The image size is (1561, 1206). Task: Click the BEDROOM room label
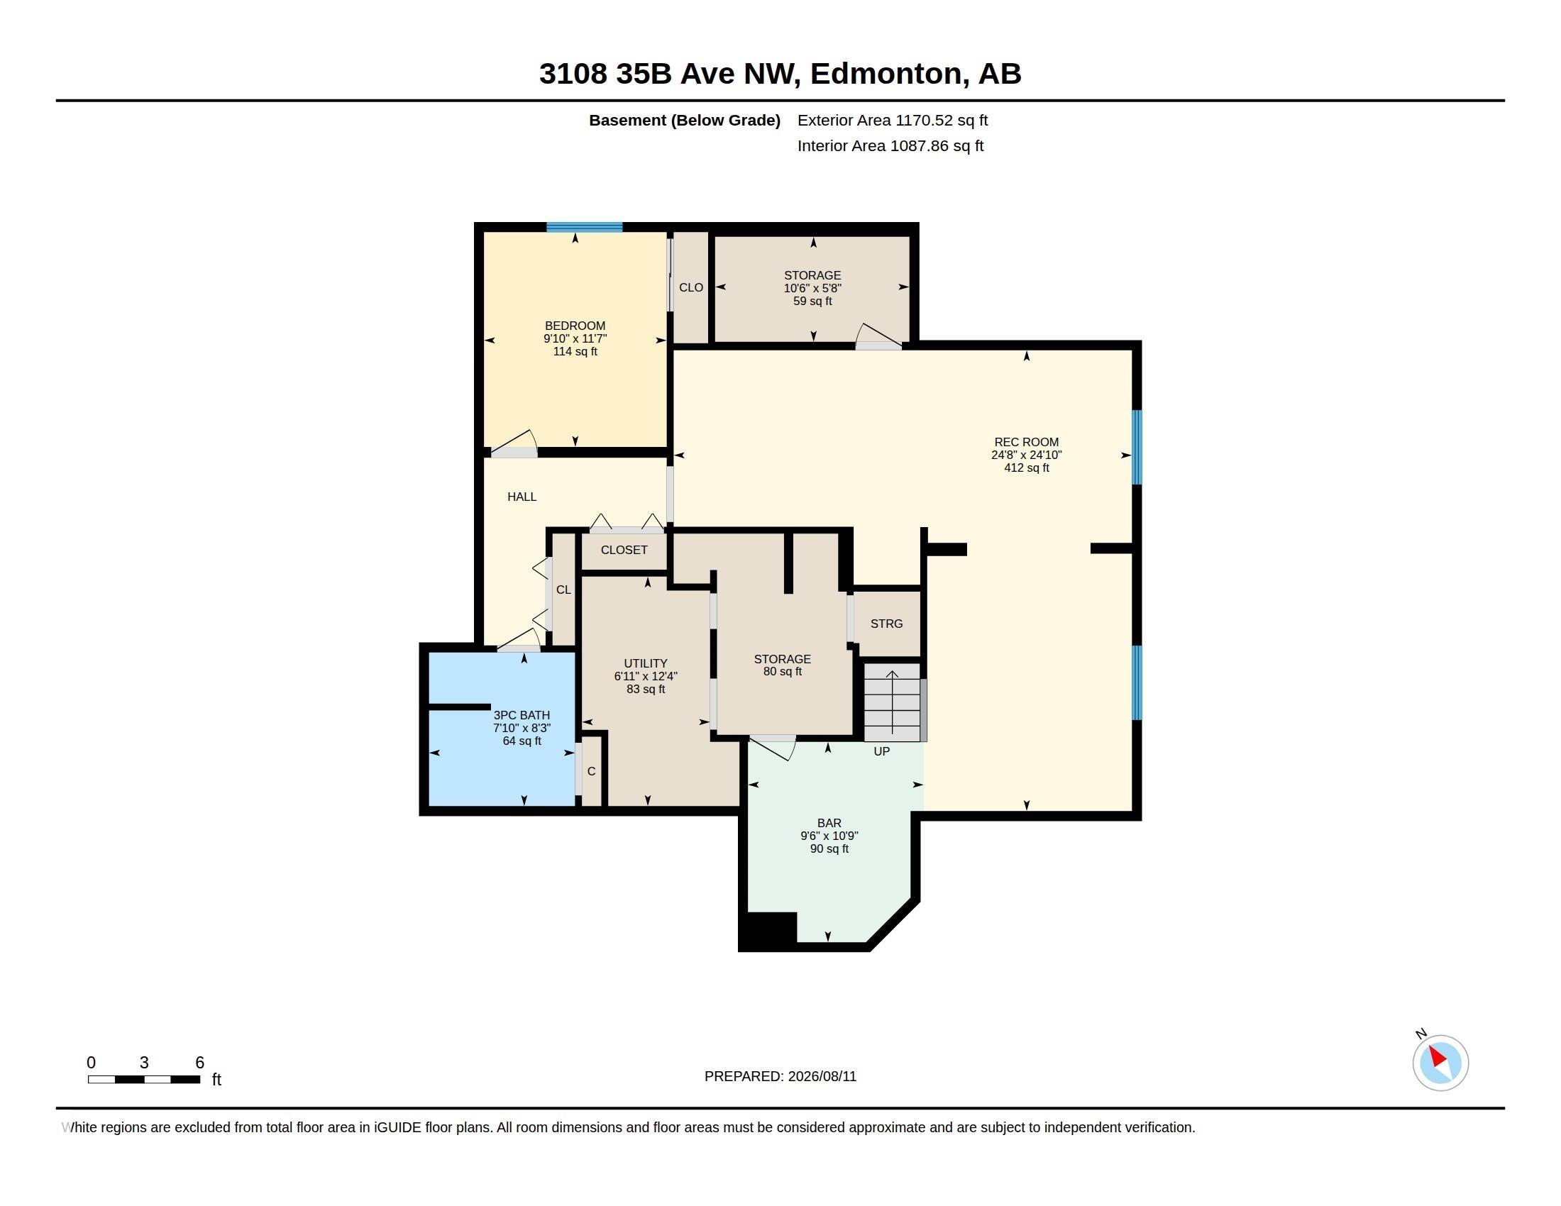575,326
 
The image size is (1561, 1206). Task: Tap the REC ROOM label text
1027,442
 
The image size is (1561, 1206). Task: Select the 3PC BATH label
522,715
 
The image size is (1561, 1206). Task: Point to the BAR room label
829,823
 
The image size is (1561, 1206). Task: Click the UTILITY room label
646,663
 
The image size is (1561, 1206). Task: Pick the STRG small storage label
886,624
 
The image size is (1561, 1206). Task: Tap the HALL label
522,497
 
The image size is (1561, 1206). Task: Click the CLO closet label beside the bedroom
691,287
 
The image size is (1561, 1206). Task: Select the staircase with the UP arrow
893,702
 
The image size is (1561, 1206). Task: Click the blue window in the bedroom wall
585,227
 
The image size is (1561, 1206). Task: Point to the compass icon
1440,1063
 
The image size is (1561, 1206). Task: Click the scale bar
143,1079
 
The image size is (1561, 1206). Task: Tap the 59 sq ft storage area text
812,301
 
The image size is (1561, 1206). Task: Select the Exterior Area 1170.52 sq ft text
893,121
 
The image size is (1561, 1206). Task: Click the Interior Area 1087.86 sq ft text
890,145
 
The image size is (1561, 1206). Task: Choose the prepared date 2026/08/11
822,1076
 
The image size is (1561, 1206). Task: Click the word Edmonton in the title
886,74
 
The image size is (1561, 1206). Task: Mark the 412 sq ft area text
1027,468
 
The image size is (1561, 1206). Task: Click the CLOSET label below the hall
624,550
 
